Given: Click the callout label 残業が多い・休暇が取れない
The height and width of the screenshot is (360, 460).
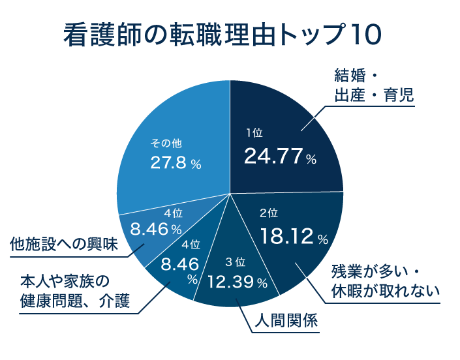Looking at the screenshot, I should point(385,278).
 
